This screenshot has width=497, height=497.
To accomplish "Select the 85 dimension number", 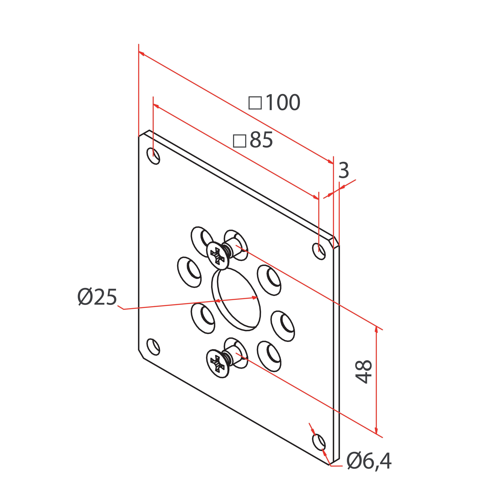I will [261, 140].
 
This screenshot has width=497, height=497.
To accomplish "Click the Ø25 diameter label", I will [97, 297].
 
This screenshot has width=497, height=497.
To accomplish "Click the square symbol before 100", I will [255, 103].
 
